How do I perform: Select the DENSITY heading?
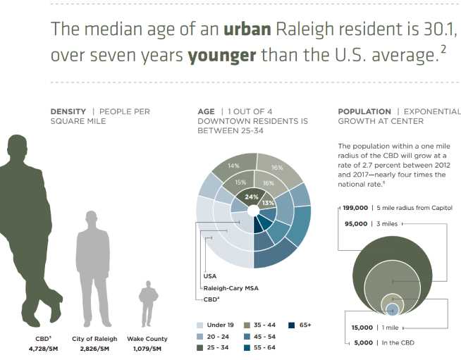tap(68, 111)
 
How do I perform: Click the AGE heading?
tap(206, 111)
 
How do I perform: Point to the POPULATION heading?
tap(364, 111)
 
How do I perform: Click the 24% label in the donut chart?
tap(251, 197)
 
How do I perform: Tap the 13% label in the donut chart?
tap(268, 203)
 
